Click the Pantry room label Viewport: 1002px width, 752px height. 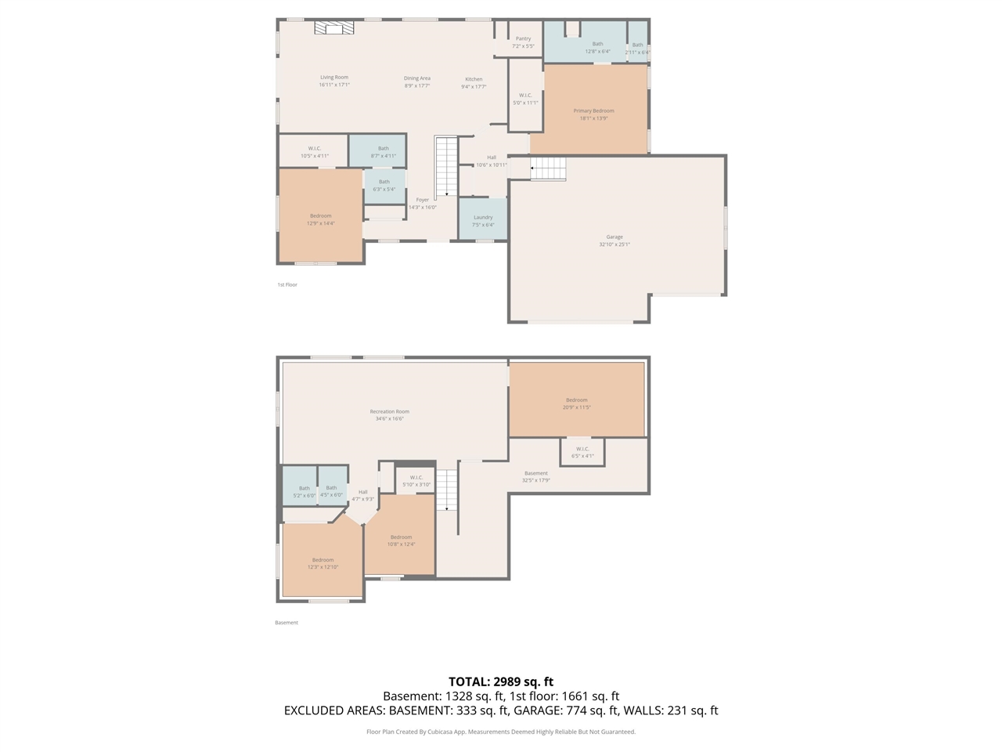tap(523, 38)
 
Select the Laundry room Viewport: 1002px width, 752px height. tap(483, 220)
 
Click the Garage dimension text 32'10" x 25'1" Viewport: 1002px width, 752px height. tap(615, 244)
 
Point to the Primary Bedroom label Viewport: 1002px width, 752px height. tap(593, 111)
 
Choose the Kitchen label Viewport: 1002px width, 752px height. tap(474, 79)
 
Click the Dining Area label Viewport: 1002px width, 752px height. tap(417, 78)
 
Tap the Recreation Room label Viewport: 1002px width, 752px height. tap(390, 411)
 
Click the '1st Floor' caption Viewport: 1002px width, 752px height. tap(287, 285)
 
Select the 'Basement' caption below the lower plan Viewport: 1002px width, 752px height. tap(287, 623)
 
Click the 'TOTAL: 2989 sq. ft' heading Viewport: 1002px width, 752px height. tap(501, 681)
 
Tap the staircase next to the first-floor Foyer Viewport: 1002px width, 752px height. tap(446, 166)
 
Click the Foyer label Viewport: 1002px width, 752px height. tap(423, 200)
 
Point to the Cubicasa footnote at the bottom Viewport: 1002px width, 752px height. tap(501, 732)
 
